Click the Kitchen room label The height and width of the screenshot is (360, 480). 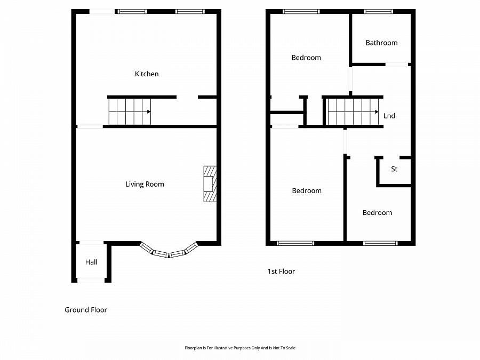pos(147,74)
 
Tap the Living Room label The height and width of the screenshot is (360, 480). pos(145,185)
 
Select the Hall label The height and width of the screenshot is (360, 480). pos(91,262)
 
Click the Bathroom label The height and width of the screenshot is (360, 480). pos(381,43)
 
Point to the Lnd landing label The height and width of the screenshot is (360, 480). pos(389,116)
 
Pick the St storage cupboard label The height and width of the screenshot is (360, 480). pos(394,170)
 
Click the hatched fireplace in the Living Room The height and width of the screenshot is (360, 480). pos(210,184)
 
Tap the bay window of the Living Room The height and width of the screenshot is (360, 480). pos(169,252)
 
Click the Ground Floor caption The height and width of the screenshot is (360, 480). pos(86,310)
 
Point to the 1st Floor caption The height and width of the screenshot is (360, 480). pos(281,271)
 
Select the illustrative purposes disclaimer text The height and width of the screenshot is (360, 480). pos(239,348)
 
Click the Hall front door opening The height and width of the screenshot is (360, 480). pos(91,280)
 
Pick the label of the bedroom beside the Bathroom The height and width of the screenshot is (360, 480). pos(306,58)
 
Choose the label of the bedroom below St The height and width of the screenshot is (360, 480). pos(377,213)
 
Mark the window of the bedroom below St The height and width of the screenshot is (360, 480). pos(380,243)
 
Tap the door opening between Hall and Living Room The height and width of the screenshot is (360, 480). pos(91,243)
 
